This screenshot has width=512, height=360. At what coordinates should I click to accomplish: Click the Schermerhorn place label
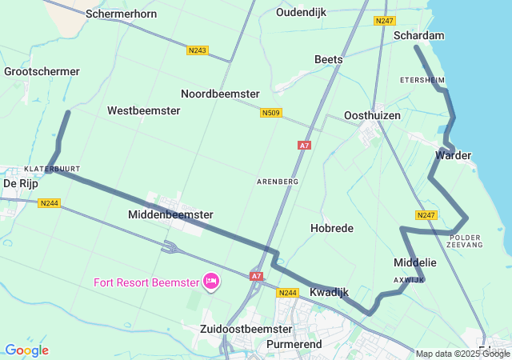coord(121,14)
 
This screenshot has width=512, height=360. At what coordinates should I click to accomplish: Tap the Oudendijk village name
coord(302,12)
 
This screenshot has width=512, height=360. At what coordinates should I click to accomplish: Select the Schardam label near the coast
coord(420,35)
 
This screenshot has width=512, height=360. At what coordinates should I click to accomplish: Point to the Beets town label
coord(328,59)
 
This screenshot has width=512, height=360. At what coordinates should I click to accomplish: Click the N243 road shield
coord(198,50)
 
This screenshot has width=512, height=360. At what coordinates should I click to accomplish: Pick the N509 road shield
coord(271,114)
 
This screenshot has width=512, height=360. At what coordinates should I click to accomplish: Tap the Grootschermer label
coord(42,71)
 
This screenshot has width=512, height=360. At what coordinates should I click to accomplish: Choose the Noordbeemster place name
coord(220,94)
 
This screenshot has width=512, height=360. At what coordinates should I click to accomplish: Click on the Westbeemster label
coord(143,110)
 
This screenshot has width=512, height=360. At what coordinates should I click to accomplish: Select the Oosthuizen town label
coord(371,115)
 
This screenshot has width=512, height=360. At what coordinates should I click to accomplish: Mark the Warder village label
coord(453,154)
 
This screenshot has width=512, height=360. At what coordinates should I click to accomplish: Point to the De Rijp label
coord(21,183)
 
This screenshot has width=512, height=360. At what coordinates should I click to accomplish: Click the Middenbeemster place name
coord(170,214)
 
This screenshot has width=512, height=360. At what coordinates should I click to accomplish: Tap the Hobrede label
coord(331,228)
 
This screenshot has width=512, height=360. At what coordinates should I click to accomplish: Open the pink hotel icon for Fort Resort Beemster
coord(211,281)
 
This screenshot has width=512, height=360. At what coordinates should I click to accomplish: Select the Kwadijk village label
coord(330,293)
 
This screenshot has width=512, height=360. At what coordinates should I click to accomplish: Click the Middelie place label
coord(415,262)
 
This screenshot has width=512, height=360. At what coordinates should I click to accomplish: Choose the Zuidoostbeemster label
coord(246,329)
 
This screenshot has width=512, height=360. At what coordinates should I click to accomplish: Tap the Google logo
coord(26,350)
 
